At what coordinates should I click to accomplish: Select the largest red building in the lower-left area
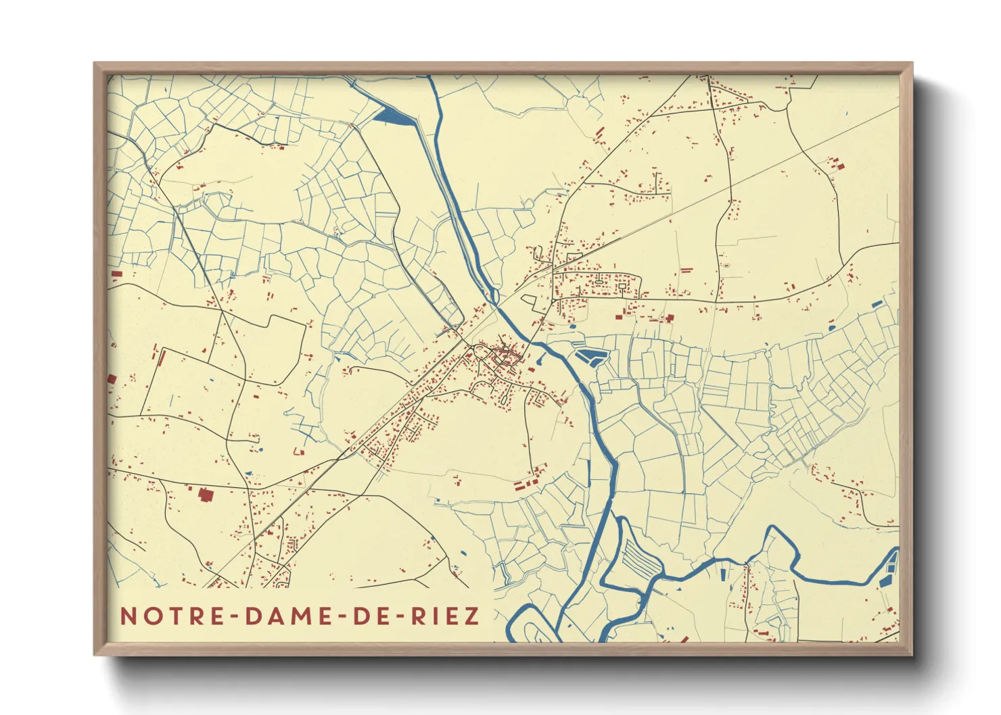pyautogui.click(x=206, y=495)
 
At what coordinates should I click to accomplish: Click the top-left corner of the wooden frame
pyautogui.click(x=95, y=64)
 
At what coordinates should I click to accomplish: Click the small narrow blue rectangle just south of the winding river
pyautogui.click(x=722, y=574)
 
